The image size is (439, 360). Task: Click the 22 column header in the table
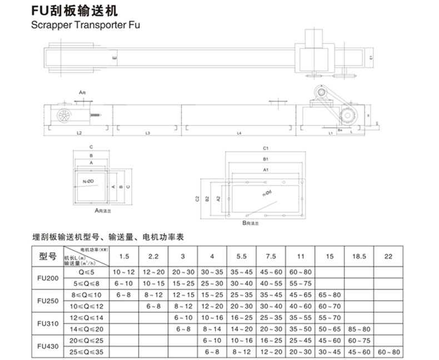pyautogui.click(x=387, y=256)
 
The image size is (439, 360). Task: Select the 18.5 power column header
pyautogui.click(x=358, y=256)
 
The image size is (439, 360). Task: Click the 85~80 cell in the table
pyautogui.click(x=358, y=329)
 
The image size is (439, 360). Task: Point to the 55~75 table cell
pyautogui.click(x=301, y=283)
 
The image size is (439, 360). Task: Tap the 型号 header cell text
pyautogui.click(x=48, y=257)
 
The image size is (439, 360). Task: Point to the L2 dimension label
pyautogui.click(x=79, y=134)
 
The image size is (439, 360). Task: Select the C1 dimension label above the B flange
pyautogui.click(x=266, y=148)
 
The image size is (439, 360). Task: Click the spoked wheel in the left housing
pyautogui.click(x=64, y=116)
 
